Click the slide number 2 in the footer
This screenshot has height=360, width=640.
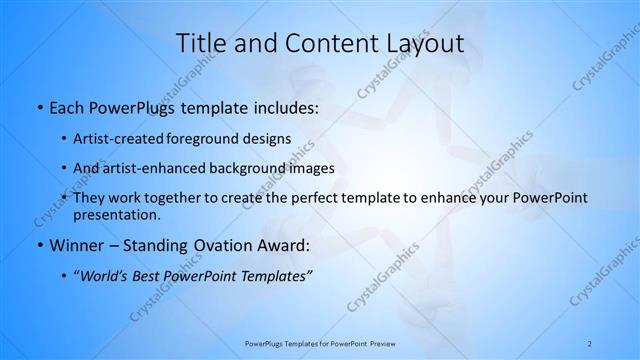[590, 343]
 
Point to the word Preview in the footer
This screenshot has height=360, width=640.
[378, 343]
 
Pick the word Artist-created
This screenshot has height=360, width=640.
[119, 139]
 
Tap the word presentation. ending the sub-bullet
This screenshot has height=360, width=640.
[116, 215]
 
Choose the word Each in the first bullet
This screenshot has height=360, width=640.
[65, 107]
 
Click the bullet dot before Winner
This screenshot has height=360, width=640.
[38, 246]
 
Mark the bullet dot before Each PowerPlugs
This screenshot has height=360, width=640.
[38, 107]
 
